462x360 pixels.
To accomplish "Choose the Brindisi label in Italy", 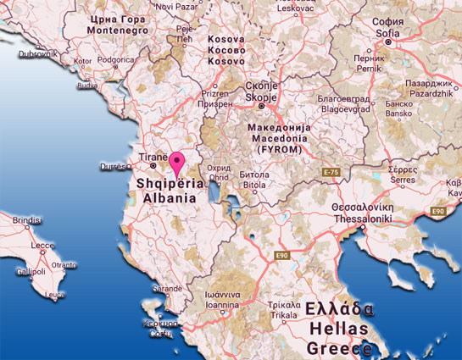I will click(28, 220).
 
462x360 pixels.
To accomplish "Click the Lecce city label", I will click(42, 246).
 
